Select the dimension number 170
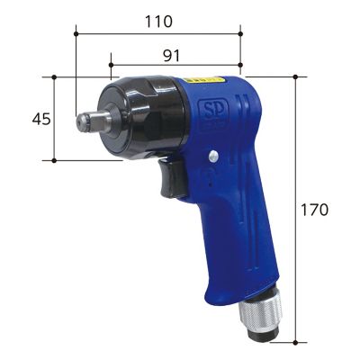click(x=315, y=209)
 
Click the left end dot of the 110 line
click(x=76, y=34)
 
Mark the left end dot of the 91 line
click(x=110, y=66)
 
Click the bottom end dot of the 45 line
click(x=56, y=161)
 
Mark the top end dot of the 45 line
click(x=56, y=76)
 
